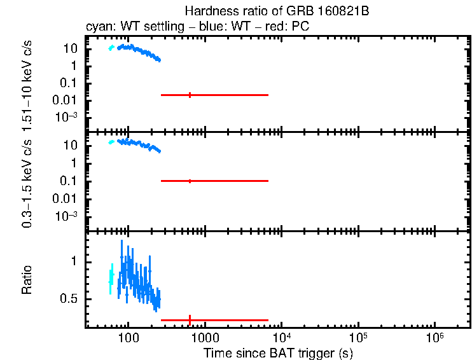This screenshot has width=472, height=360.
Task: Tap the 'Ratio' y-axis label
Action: (x=27, y=280)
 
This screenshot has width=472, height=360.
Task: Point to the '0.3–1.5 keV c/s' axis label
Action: (x=27, y=182)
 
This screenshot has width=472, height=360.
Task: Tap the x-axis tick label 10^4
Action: (x=282, y=335)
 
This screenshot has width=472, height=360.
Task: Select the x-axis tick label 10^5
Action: (x=358, y=335)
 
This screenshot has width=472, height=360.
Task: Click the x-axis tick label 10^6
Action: (x=435, y=335)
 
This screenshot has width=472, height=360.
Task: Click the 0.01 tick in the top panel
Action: (x=67, y=100)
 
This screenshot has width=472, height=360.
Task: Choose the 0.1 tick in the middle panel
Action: (x=71, y=181)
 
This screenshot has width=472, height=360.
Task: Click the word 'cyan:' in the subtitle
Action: (x=98, y=27)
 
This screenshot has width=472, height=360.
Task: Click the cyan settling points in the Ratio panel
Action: (x=111, y=278)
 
